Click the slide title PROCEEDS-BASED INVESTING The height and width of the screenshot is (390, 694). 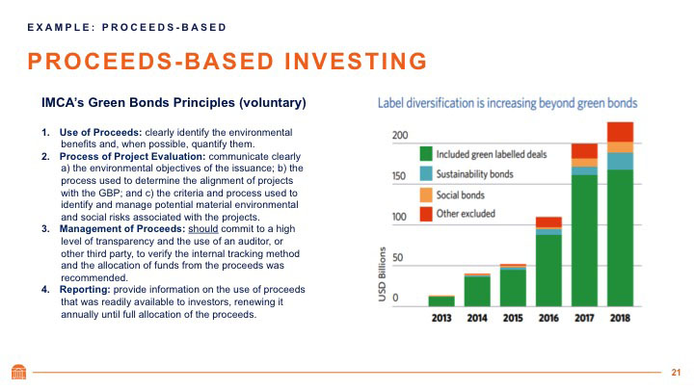pyautogui.click(x=227, y=62)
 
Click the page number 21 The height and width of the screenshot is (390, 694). pyautogui.click(x=676, y=373)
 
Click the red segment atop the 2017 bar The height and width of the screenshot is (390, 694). pyautogui.click(x=584, y=150)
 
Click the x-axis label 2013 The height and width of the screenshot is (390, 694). pyautogui.click(x=440, y=319)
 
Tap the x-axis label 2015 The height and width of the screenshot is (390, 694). pyautogui.click(x=512, y=319)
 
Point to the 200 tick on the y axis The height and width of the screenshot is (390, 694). pyautogui.click(x=400, y=136)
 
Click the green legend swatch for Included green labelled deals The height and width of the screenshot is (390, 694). pyautogui.click(x=425, y=153)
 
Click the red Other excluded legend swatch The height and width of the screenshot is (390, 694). pyautogui.click(x=425, y=215)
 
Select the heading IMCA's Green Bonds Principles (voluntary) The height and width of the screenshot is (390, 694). pyautogui.click(x=173, y=102)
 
